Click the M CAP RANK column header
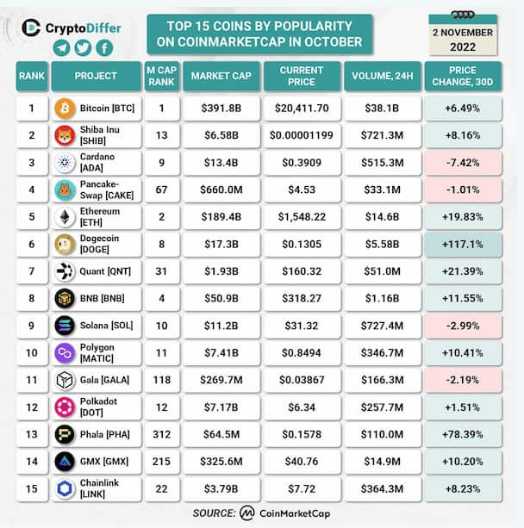160,76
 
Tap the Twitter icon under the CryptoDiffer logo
83,48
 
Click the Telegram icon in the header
61,48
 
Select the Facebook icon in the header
104,48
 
